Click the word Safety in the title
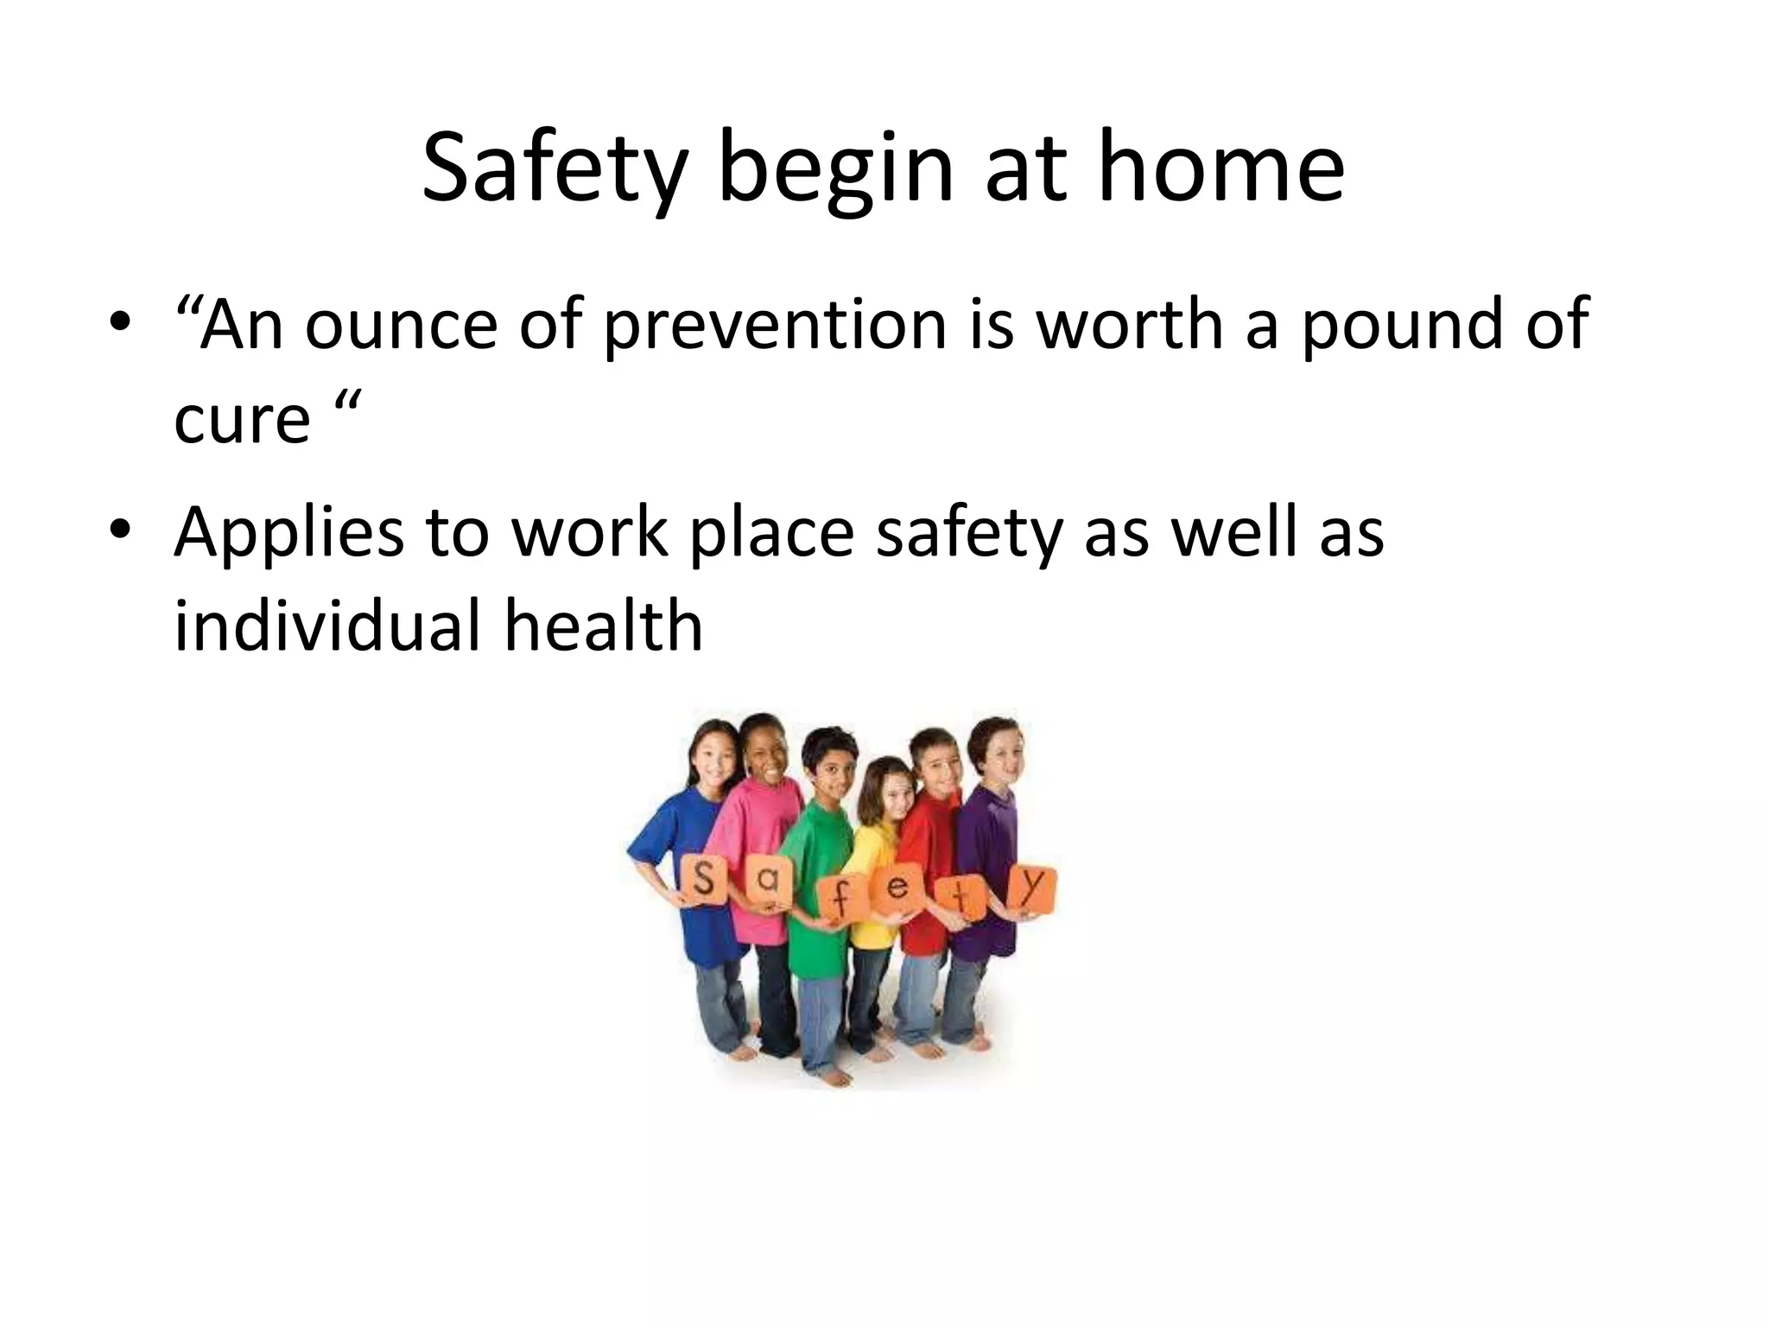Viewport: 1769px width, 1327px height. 554,169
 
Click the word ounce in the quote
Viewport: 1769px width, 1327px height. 401,324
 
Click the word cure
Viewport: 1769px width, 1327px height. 242,418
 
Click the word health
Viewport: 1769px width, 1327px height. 604,625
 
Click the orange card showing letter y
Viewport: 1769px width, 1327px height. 1033,886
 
